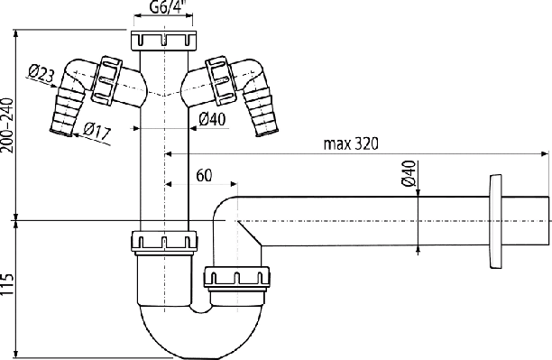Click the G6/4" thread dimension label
167,7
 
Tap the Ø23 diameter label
41,73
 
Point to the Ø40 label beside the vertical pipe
212,119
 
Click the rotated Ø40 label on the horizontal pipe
409,173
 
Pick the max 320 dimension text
351,143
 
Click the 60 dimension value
204,175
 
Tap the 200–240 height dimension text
7,125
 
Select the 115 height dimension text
7,284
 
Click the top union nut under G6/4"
163,41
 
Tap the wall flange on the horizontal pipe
496,221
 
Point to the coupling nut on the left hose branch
106,80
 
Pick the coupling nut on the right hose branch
221,80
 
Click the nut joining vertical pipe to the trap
164,242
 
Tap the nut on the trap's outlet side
236,278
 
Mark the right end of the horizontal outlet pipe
548,221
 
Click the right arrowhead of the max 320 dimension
546,154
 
